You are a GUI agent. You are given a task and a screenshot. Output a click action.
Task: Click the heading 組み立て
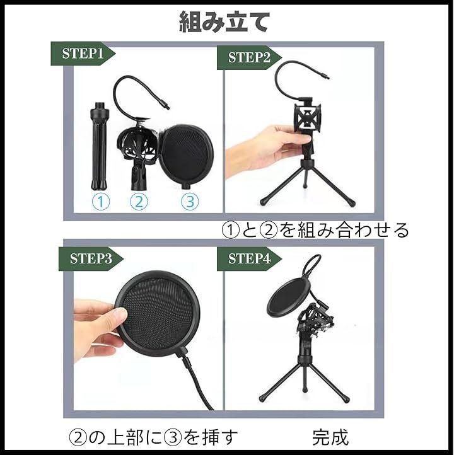224,22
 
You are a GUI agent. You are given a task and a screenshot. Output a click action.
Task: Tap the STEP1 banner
83,54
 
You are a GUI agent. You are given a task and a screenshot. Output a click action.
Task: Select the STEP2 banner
249,57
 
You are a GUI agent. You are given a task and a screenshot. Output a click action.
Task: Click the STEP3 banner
91,259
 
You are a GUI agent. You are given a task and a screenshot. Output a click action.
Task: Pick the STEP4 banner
249,259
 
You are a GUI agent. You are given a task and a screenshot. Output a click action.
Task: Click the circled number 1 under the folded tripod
101,201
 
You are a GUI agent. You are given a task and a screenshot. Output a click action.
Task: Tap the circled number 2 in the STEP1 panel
139,201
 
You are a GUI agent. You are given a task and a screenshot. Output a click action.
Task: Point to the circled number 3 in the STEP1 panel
190,201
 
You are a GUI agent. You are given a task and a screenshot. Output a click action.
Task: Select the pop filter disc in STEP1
187,156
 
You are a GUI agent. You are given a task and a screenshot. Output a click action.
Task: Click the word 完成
330,437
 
